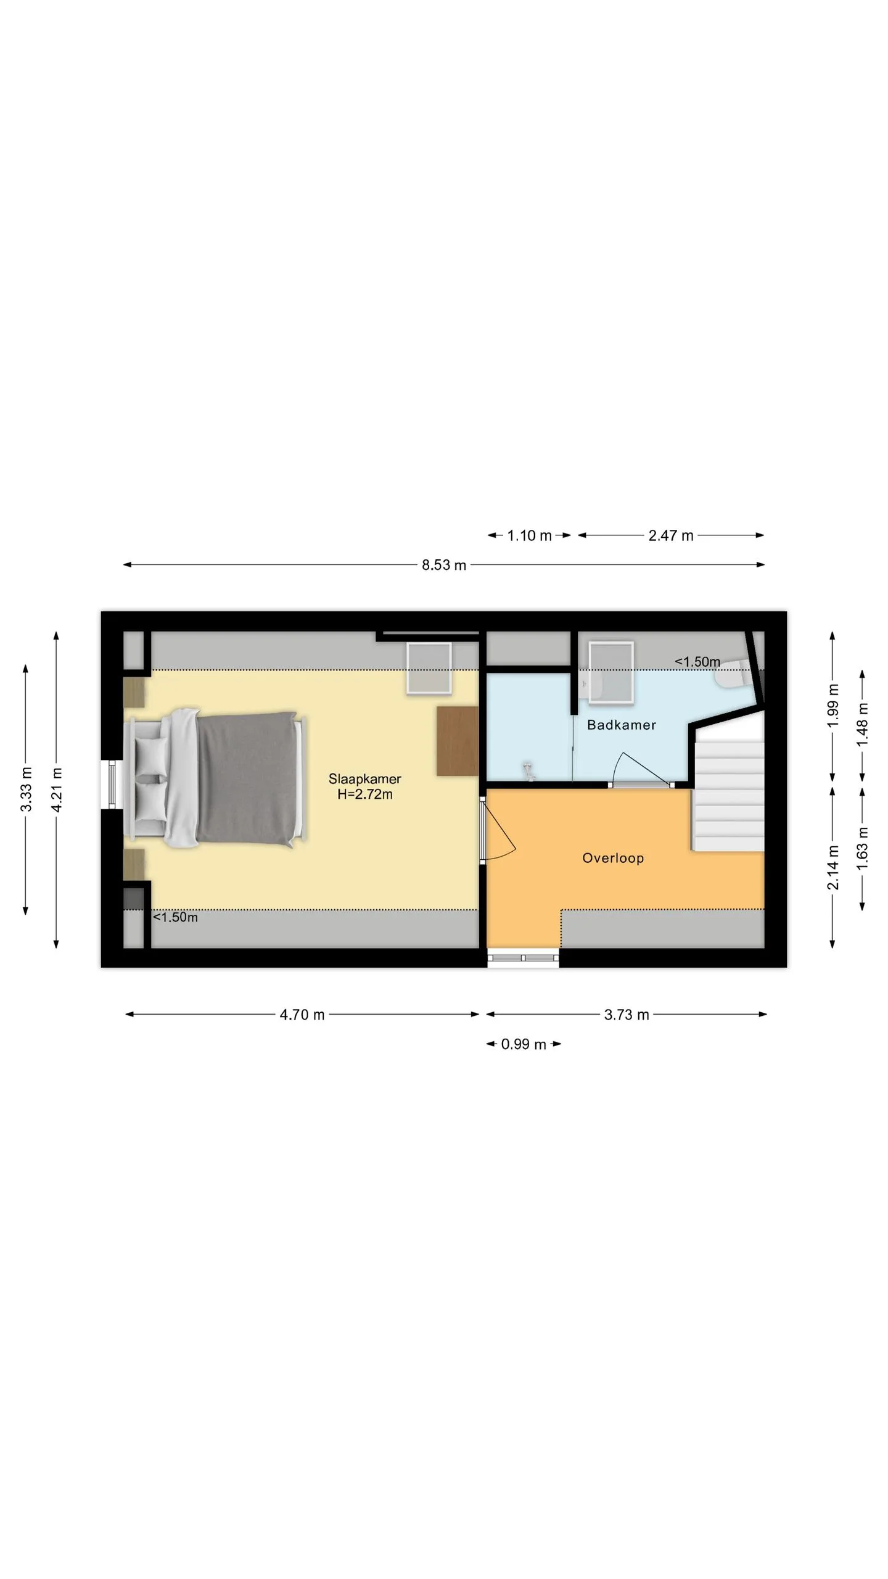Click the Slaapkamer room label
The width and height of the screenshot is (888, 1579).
tap(364, 779)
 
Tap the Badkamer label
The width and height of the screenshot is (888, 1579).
tap(621, 725)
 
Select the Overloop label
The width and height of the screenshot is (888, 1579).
tap(613, 858)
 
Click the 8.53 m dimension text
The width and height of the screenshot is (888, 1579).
tap(444, 565)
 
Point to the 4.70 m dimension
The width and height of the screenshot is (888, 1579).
tap(302, 1015)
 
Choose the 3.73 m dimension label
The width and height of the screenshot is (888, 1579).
tap(627, 1015)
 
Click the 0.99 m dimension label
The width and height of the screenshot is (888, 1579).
tap(524, 1044)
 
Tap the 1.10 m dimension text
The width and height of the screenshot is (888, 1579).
tap(529, 535)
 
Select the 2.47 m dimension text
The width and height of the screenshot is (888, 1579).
tap(671, 535)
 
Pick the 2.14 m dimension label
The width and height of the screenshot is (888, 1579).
tap(833, 868)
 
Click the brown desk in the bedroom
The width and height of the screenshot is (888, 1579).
tap(458, 741)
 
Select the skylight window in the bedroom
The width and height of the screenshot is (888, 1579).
tap(429, 668)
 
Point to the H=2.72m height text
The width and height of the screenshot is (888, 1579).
tap(364, 794)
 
